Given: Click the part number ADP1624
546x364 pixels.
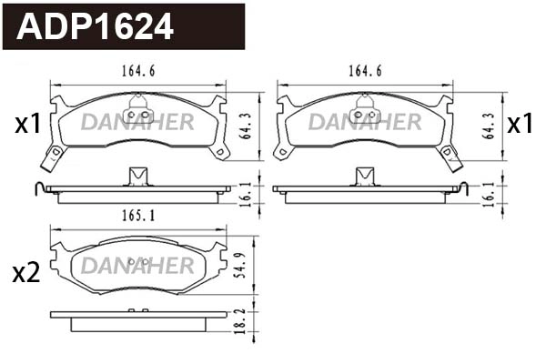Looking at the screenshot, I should [96, 27].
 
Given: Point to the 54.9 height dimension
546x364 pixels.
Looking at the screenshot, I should [241, 265].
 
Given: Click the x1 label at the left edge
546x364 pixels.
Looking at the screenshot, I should [27, 125].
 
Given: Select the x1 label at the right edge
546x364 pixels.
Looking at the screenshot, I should [520, 125].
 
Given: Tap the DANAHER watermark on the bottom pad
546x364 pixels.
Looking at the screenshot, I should [138, 266].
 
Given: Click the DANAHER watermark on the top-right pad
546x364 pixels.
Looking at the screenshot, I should [364, 122].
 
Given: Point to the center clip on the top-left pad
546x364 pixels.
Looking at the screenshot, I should [139, 114].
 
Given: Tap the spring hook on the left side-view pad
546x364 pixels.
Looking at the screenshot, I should [37, 188].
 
